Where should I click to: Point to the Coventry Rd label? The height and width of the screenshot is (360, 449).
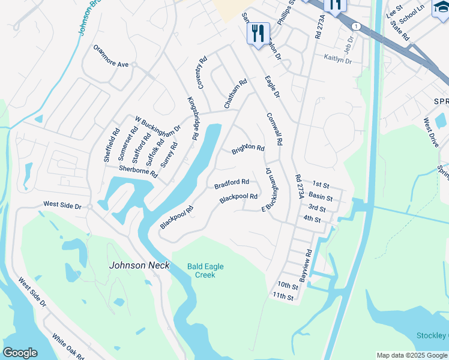coord(202,71)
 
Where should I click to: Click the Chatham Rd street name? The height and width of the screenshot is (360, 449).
coord(236,94)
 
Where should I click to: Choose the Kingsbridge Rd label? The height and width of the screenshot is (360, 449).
coord(193,118)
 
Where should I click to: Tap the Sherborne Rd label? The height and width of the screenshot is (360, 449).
coord(137,172)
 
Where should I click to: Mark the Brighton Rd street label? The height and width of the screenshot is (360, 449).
coord(248,148)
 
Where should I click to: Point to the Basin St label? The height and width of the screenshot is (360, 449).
coord(321,196)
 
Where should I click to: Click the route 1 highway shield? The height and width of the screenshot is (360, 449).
coord(357,26)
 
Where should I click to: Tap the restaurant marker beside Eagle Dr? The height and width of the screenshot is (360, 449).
coord(258,34)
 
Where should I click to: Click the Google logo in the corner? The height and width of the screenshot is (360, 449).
coord(20,353)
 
